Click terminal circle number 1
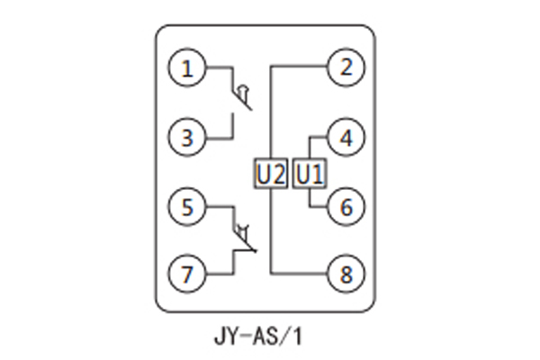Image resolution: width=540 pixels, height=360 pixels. click(x=187, y=68)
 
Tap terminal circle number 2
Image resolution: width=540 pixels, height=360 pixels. click(x=345, y=68)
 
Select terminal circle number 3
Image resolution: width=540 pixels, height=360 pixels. click(x=187, y=138)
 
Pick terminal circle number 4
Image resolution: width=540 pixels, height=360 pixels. click(x=345, y=138)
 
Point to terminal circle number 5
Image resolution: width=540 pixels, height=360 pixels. click(x=187, y=207)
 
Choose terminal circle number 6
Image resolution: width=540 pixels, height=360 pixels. click(x=345, y=207)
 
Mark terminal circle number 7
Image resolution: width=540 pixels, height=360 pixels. click(x=187, y=274)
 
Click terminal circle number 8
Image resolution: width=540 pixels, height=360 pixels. click(x=345, y=274)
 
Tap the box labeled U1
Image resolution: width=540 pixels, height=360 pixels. click(x=309, y=172)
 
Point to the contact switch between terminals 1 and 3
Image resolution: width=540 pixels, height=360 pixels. click(x=239, y=99)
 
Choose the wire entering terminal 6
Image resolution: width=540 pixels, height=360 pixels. click(x=319, y=207)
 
